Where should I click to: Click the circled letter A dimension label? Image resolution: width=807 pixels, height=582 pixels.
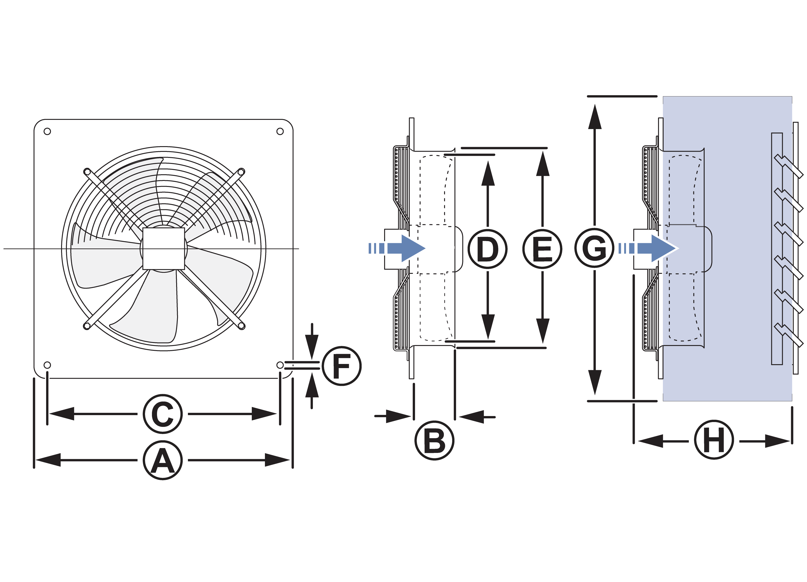pyautogui.click(x=163, y=460)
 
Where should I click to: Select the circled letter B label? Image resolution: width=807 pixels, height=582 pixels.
pyautogui.click(x=434, y=441)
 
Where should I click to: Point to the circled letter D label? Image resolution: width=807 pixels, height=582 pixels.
pyautogui.click(x=487, y=249)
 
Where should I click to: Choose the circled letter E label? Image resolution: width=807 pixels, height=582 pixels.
pyautogui.click(x=542, y=249)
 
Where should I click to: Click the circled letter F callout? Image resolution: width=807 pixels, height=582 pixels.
pyautogui.click(x=341, y=366)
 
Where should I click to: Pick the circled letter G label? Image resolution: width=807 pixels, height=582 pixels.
pyautogui.click(x=594, y=248)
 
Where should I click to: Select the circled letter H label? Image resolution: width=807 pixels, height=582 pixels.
pyautogui.click(x=714, y=440)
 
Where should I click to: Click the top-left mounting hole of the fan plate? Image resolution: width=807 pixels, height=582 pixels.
pyautogui.click(x=47, y=132)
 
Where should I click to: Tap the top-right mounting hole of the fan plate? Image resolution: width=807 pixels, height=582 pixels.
pyautogui.click(x=280, y=132)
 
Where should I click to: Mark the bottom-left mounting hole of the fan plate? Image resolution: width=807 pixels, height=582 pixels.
pyautogui.click(x=47, y=365)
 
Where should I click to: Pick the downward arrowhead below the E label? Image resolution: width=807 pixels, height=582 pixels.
pyautogui.click(x=543, y=330)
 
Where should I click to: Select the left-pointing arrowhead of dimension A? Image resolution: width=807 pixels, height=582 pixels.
pyautogui.click(x=48, y=460)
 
